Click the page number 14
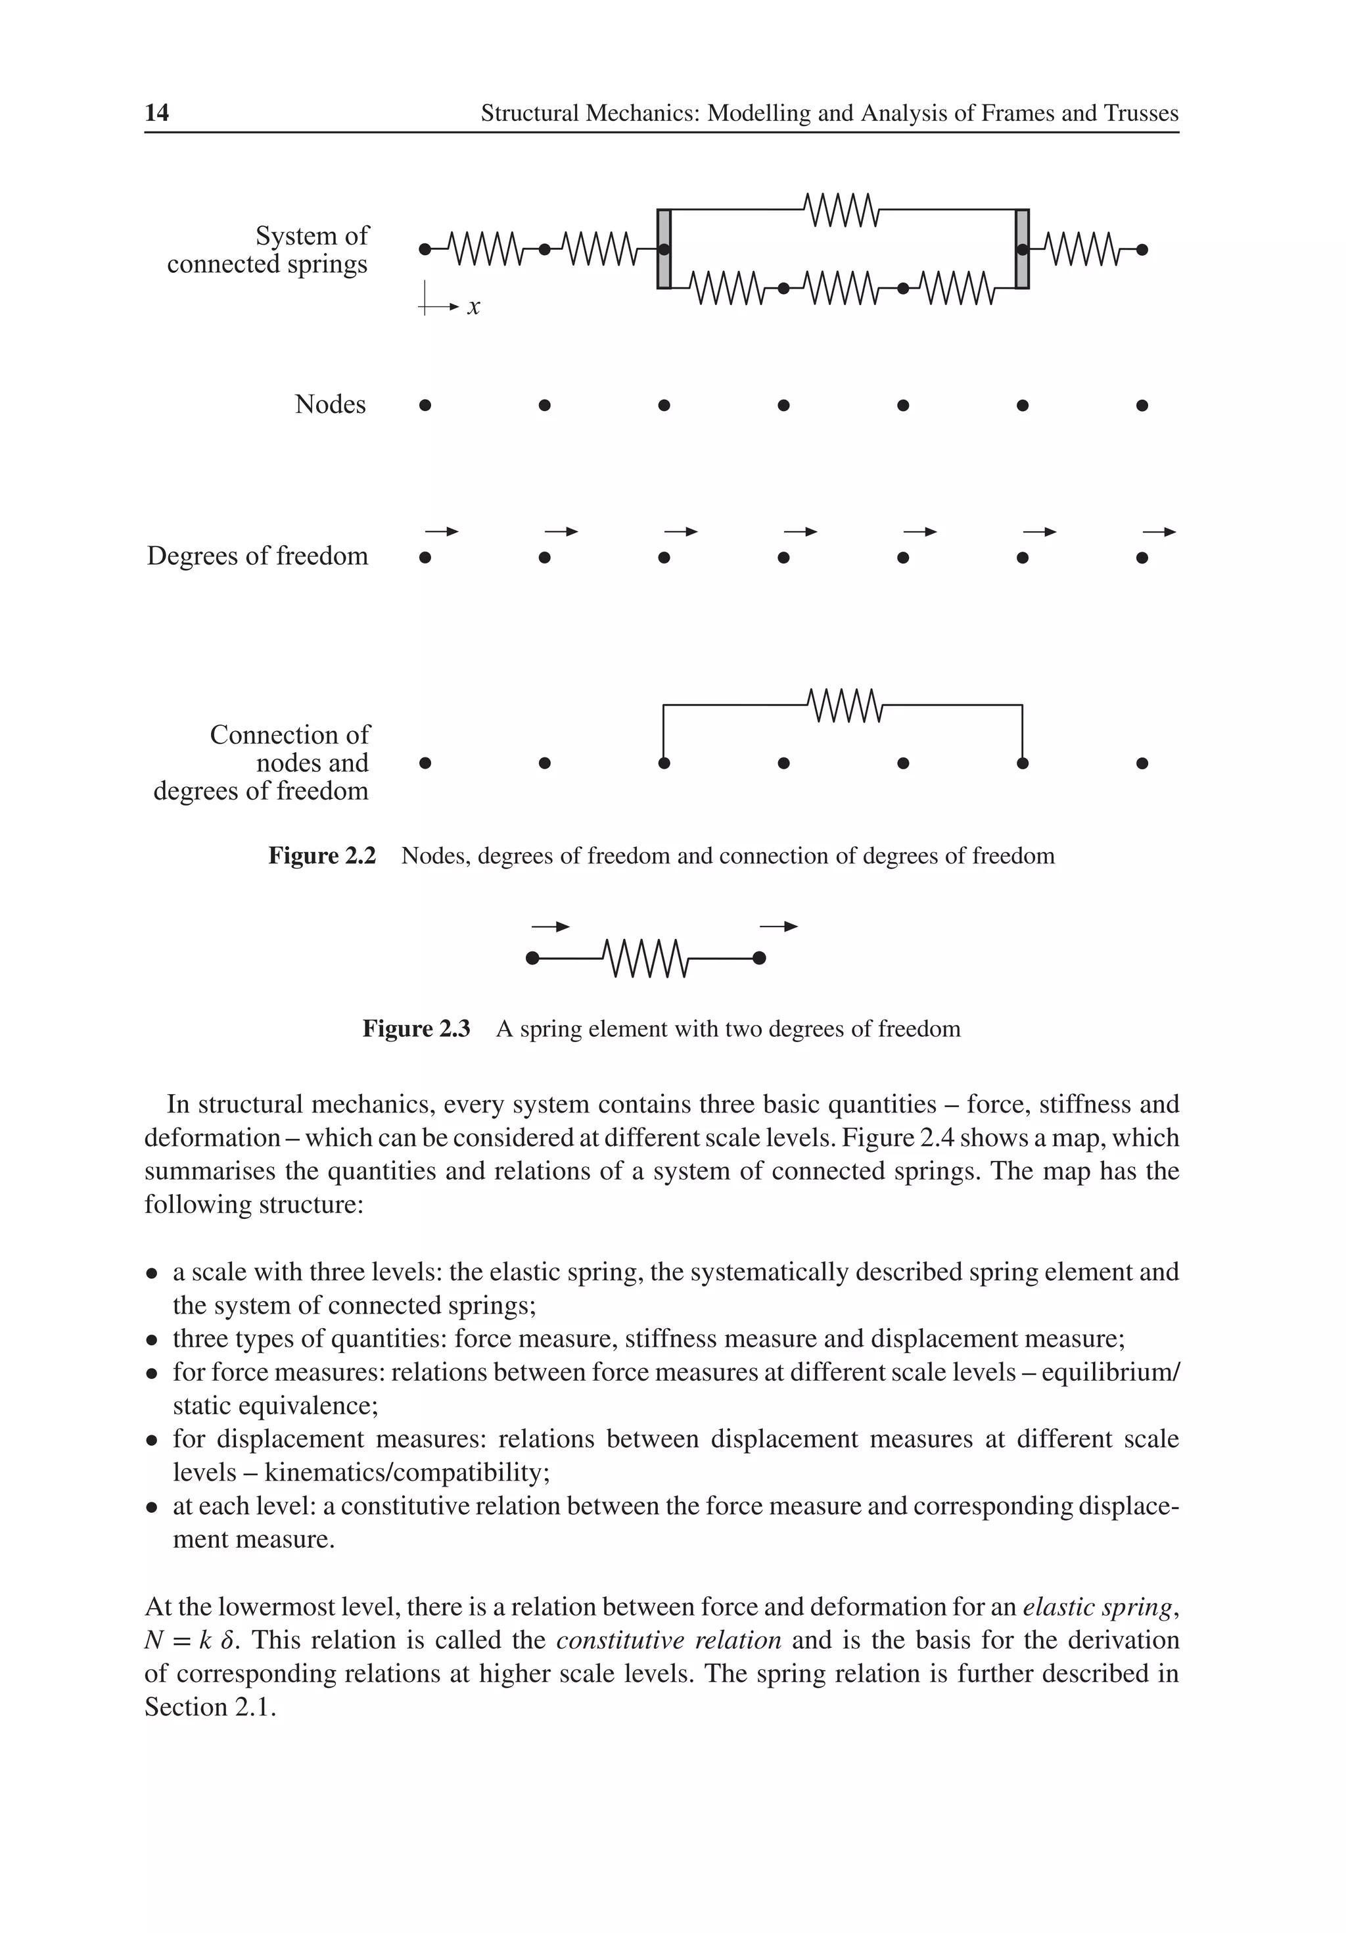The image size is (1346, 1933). click(156, 113)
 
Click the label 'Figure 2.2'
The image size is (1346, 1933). click(321, 855)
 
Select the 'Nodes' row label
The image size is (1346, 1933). click(330, 404)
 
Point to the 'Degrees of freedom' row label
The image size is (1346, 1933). click(258, 556)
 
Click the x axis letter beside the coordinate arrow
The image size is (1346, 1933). click(474, 307)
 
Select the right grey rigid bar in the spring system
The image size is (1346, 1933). click(1022, 249)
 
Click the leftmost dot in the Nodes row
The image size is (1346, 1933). click(425, 405)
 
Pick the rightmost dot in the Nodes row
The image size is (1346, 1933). click(1142, 405)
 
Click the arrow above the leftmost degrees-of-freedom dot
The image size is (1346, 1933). click(441, 531)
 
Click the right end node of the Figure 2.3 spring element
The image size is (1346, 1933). click(758, 958)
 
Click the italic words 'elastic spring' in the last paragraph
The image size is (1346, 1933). click(1096, 1607)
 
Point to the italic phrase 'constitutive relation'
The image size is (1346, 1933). click(668, 1640)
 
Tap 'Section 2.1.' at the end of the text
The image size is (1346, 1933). click(210, 1707)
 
